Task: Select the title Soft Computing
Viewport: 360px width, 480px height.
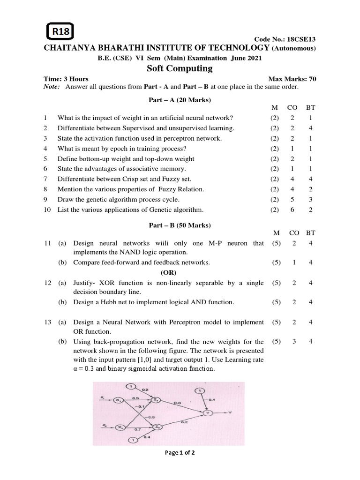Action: pos(180,68)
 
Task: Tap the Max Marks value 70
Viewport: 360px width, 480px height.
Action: pos(312,79)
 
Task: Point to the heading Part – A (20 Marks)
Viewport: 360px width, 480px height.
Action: pos(180,100)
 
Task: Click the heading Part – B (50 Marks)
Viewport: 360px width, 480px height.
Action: pos(180,225)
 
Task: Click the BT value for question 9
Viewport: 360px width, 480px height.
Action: pos(310,199)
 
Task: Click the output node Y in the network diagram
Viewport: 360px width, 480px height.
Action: pos(207,413)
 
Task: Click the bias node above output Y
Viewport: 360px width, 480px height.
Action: pos(200,390)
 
